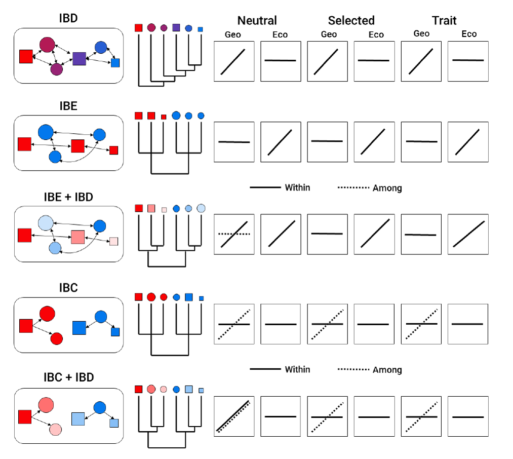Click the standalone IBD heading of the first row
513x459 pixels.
[x=68, y=18]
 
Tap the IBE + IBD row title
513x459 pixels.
[x=68, y=197]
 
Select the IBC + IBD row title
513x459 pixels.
[x=68, y=377]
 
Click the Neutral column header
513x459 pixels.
[x=257, y=21]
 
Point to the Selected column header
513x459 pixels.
[x=351, y=21]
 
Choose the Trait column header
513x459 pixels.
[x=444, y=21]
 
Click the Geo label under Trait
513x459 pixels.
[x=421, y=33]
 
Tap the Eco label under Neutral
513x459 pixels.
[x=280, y=34]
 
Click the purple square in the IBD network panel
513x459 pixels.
[x=80, y=58]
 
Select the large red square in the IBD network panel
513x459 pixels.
[x=26, y=57]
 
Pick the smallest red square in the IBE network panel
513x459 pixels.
[x=113, y=150]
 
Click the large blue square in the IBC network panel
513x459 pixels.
[x=80, y=328]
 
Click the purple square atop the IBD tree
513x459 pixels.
[x=176, y=28]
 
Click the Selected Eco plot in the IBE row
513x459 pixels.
[x=374, y=142]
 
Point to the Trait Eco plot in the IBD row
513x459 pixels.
[x=468, y=61]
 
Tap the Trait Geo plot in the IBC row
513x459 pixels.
[x=421, y=324]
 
